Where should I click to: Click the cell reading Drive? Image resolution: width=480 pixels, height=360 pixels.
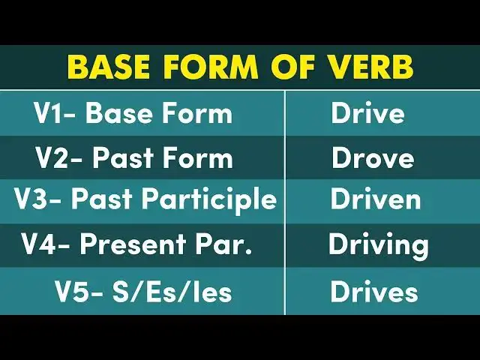coord(367,114)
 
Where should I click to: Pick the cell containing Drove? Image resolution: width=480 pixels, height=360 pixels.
coord(373,158)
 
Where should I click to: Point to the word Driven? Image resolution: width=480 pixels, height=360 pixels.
coord(376,201)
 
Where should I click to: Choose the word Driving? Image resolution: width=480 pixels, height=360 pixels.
coord(378,244)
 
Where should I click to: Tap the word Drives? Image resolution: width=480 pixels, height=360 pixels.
coord(374,292)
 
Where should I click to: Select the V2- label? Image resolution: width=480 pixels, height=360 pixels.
coord(58,158)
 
